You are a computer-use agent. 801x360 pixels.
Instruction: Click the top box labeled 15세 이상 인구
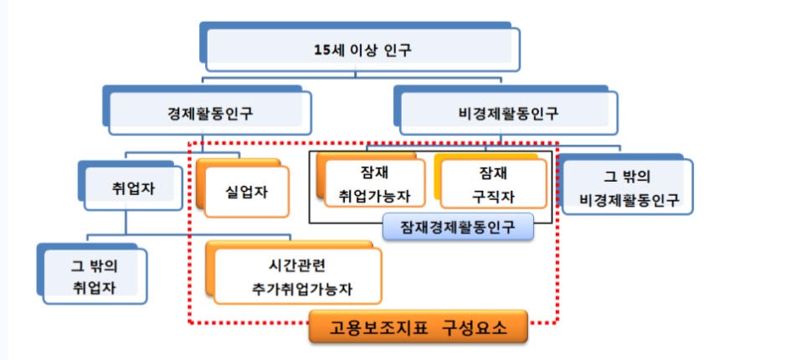[360, 47]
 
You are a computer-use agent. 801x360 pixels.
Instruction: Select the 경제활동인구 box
[208, 110]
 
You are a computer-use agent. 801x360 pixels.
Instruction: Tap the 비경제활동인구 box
[506, 110]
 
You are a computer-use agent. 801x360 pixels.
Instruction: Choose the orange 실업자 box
[244, 188]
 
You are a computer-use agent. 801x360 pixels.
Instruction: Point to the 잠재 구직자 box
[490, 182]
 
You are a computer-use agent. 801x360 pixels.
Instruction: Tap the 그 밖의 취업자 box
[92, 275]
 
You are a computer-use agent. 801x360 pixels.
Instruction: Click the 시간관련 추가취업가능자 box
[295, 273]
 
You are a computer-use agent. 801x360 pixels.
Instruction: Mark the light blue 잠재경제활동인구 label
[458, 227]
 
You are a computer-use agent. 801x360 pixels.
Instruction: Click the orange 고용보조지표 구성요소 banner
[418, 327]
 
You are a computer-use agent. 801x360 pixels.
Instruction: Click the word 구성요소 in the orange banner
[475, 327]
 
